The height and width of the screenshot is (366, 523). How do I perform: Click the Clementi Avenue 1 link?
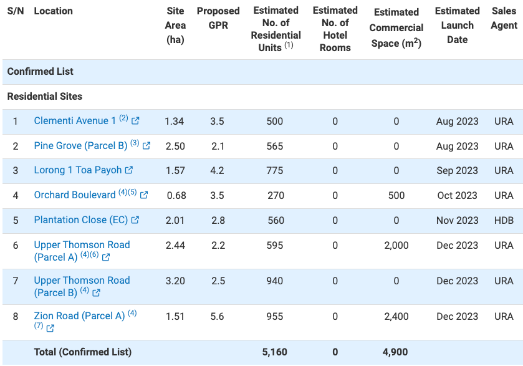pyautogui.click(x=75, y=121)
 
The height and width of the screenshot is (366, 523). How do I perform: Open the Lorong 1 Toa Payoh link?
pyautogui.click(x=78, y=170)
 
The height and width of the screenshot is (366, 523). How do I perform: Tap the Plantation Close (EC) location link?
pyautogui.click(x=80, y=220)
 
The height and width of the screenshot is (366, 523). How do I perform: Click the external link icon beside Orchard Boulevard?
pyautogui.click(x=144, y=195)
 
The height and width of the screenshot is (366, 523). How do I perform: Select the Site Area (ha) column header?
pyautogui.click(x=175, y=25)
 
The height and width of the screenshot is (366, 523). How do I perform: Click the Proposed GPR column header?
pyautogui.click(x=218, y=18)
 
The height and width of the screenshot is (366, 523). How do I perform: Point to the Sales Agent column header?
pyautogui.click(x=504, y=18)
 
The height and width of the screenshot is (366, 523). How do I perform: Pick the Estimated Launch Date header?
pyautogui.click(x=457, y=25)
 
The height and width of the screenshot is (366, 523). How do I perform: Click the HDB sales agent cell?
pyautogui.click(x=504, y=220)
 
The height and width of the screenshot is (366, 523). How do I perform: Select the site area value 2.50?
pyautogui.click(x=175, y=146)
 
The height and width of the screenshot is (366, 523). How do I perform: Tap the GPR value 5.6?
pyautogui.click(x=217, y=316)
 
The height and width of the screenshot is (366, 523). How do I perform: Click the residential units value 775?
pyautogui.click(x=275, y=170)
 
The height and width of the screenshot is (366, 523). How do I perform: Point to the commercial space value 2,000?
pyautogui.click(x=396, y=245)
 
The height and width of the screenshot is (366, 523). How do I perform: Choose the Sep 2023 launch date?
pyautogui.click(x=457, y=170)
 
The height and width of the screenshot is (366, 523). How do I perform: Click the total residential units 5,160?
pyautogui.click(x=275, y=352)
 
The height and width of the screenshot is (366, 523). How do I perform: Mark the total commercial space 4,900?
pyautogui.click(x=395, y=352)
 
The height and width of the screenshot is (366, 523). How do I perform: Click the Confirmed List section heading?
pyautogui.click(x=41, y=72)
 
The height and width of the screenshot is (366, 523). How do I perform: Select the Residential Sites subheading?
pyautogui.click(x=45, y=97)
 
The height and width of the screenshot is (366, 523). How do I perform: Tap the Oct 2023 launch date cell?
pyautogui.click(x=457, y=195)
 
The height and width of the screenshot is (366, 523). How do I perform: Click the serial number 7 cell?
pyautogui.click(x=16, y=281)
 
